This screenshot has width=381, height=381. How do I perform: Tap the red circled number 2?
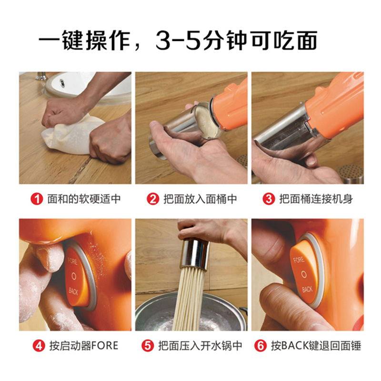[153, 199]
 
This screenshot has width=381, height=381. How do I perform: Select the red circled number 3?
[270, 199]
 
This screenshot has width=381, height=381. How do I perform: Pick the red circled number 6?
[261, 345]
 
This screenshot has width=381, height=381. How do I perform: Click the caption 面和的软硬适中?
[83, 199]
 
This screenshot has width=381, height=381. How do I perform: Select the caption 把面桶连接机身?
[315, 199]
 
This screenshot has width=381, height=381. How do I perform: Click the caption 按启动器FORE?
[83, 345]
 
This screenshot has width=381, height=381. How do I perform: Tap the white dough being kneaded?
[71, 136]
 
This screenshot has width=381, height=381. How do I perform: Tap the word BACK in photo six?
[307, 289]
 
